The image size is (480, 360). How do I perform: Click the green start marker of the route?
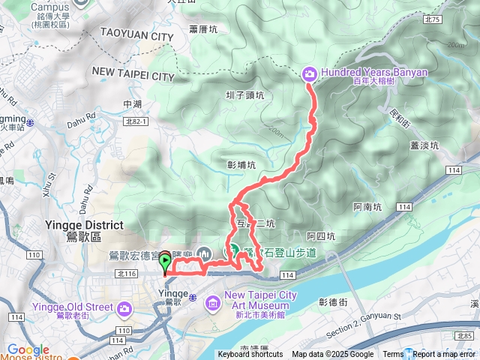(164, 262)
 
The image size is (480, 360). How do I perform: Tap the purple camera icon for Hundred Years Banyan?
(309, 73)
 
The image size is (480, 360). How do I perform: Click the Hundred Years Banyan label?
(373, 73)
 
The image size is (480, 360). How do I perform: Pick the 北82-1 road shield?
(136, 120)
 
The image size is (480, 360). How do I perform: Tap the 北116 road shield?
(124, 274)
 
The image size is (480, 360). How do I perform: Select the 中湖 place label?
(132, 104)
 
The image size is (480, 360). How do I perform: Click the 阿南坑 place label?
(367, 205)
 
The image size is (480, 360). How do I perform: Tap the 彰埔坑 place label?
(241, 164)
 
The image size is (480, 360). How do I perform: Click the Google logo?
(28, 349)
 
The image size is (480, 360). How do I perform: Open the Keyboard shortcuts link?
(250, 355)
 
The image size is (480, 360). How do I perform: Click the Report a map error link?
(443, 355)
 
